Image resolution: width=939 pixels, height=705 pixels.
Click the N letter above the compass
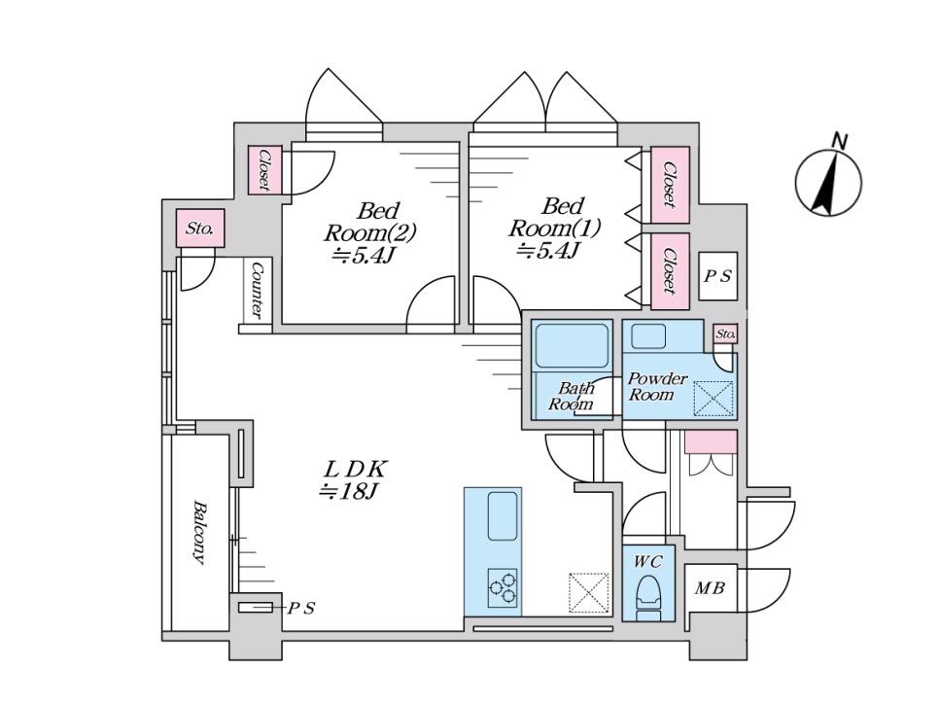pos(840,141)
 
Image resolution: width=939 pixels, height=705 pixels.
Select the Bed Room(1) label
pos(554,229)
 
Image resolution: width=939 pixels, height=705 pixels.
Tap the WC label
pos(648,562)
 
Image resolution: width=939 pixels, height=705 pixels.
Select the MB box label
pos(711,588)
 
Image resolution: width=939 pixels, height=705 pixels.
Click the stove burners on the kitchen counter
pos(503,587)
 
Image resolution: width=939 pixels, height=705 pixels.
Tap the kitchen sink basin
pos(503,515)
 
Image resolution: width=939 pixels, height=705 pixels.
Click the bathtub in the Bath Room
pos(572,345)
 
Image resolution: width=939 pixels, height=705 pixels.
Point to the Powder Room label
pos(657,386)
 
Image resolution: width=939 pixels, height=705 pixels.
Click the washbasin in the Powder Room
pos(648,336)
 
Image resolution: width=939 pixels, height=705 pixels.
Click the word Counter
pos(258,290)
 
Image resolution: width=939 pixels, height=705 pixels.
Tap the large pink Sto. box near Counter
pos(200,229)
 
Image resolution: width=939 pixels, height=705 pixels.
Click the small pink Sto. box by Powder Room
pos(725,335)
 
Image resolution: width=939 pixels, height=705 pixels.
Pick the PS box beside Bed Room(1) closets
pos(718,276)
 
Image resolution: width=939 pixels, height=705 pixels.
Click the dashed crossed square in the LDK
pos(589,593)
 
